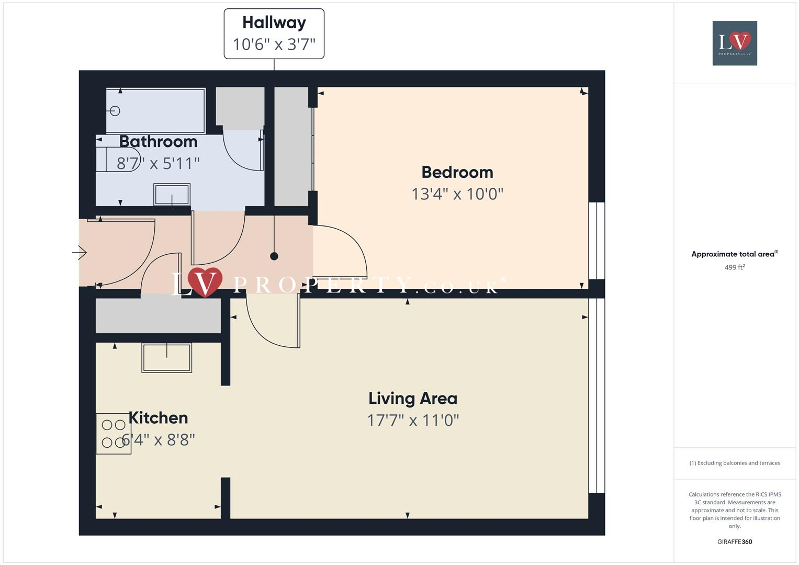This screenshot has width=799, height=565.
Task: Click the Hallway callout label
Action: pos(274,33)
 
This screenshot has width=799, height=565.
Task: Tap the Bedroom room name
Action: pos(457,172)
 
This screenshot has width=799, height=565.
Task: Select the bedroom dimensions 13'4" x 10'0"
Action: pos(457,194)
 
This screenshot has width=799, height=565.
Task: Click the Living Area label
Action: pos(412,399)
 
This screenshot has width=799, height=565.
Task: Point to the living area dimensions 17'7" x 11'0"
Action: pos(412,420)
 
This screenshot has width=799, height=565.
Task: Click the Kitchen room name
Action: pos(158,417)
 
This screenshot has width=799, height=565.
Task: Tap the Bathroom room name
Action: pos(158,141)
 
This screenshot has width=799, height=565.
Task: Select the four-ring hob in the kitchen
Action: pos(114,434)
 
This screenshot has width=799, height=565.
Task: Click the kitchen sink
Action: pos(166,358)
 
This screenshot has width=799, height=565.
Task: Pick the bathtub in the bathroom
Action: pos(155,111)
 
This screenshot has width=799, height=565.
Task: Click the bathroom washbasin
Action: pos(172,195)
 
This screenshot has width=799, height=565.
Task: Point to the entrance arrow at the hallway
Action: pos(80,253)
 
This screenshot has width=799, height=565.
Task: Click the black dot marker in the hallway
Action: pos(274,256)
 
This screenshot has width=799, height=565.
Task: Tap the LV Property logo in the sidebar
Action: pos(735,43)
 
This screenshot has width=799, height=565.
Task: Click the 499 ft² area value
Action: pos(735,267)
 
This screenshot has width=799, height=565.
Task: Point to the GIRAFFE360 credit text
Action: pos(735,542)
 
